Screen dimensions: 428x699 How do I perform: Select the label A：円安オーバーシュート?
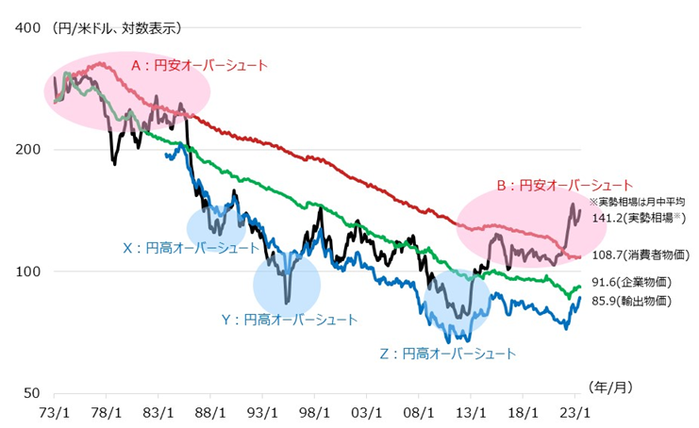(199, 66)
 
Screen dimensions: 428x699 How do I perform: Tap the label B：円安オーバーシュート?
(564, 185)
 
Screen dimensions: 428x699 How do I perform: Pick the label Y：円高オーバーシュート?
(289, 320)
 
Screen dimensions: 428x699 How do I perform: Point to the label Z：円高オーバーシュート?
(447, 354)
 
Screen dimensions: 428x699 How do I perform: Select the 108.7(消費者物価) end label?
(641, 255)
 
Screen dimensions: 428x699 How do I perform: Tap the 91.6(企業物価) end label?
(635, 282)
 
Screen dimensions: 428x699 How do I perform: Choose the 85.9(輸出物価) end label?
(635, 301)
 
